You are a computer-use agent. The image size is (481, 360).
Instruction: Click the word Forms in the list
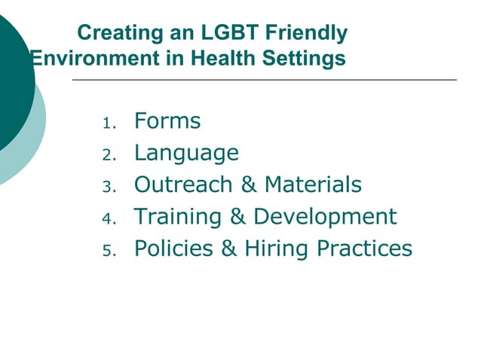167,121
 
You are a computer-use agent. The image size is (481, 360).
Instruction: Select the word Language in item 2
186,154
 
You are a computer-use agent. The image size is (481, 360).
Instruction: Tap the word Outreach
177,185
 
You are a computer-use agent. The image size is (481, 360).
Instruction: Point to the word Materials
313,185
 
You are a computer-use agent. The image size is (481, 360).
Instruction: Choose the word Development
325,217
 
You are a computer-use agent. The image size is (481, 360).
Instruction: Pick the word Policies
173,249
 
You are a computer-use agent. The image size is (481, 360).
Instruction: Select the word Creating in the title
115,34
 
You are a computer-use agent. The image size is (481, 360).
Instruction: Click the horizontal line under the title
264,79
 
